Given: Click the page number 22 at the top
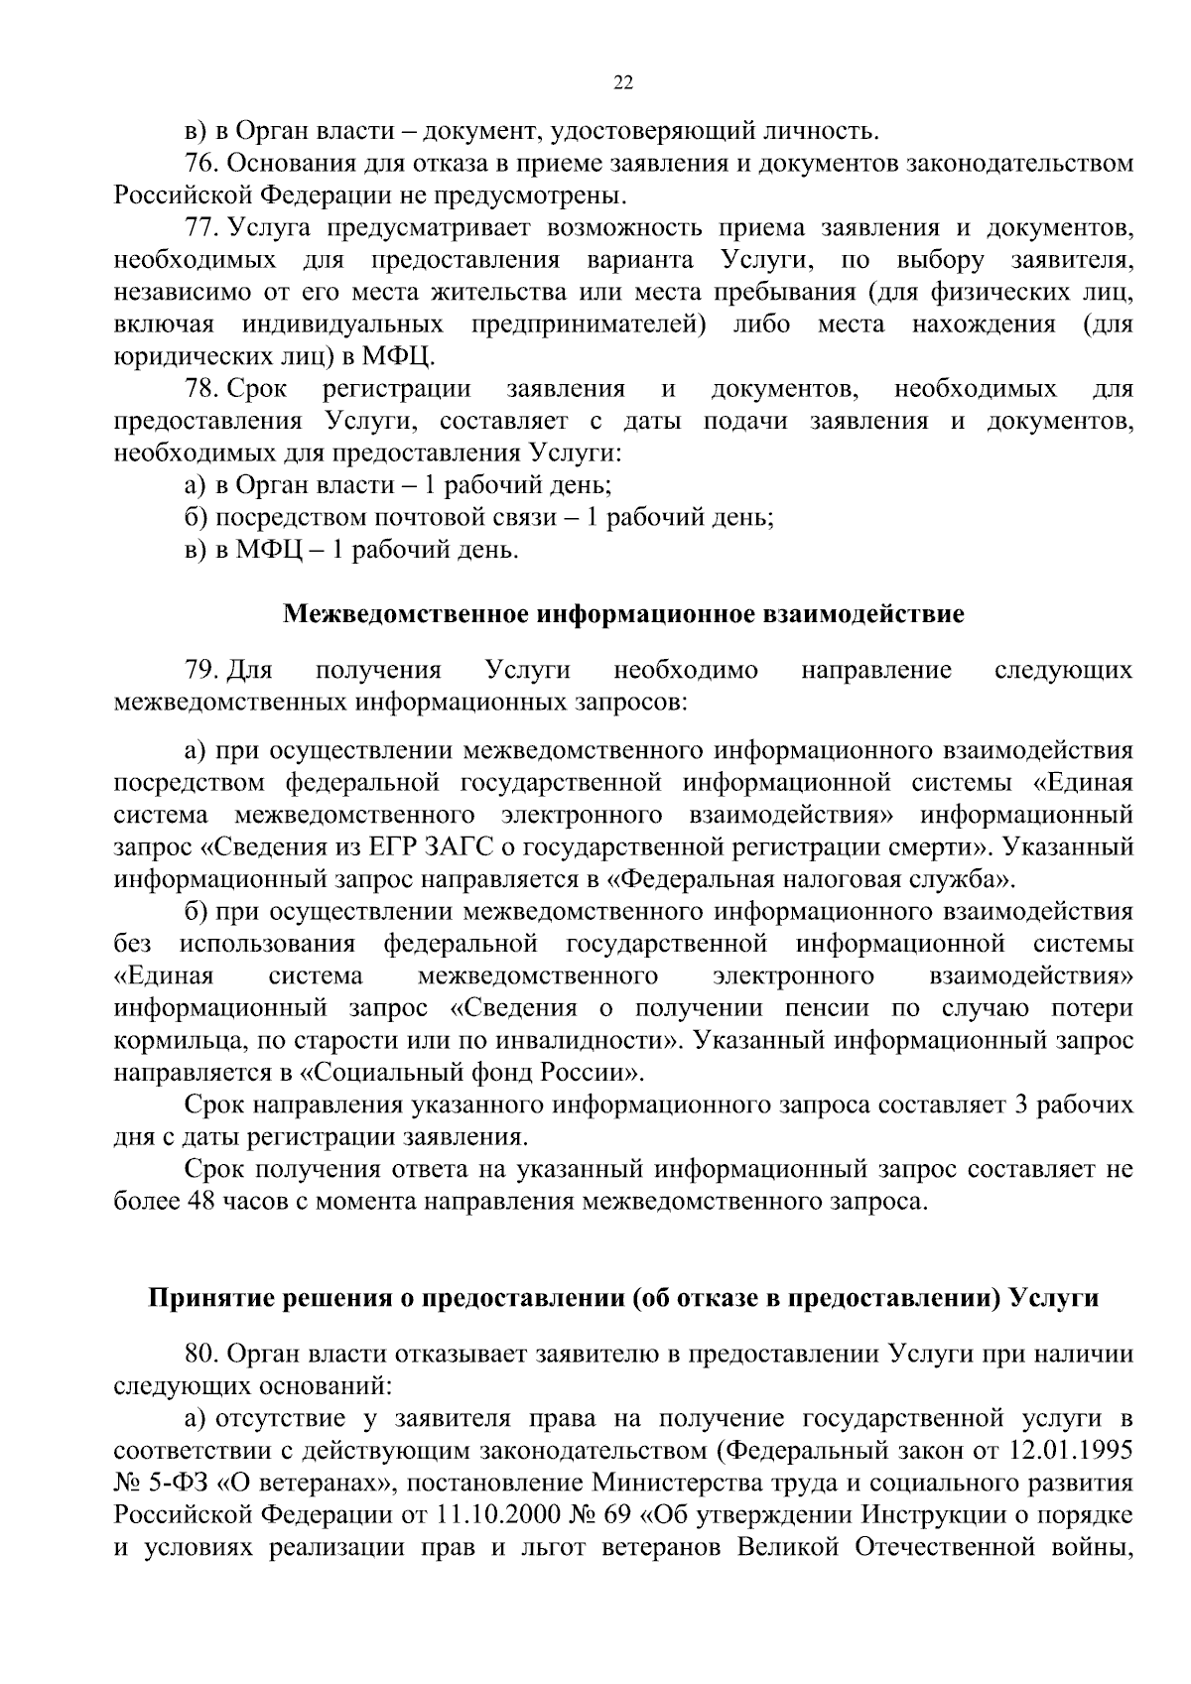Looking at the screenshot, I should (623, 83).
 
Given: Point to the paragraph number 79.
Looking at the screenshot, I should (202, 671).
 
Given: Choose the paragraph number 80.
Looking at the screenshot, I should (202, 1354).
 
